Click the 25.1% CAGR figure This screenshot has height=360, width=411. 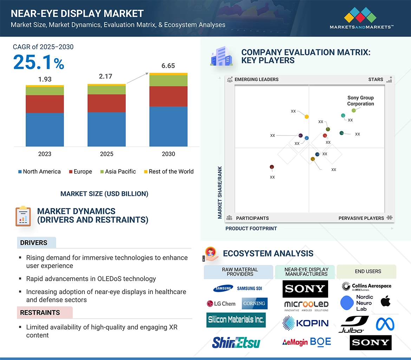[x=39, y=62]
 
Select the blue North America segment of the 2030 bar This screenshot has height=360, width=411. [x=168, y=126]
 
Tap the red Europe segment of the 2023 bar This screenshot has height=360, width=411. [x=45, y=104]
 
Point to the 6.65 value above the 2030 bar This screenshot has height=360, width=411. [x=168, y=66]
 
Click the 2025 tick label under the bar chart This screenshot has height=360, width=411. [x=106, y=154]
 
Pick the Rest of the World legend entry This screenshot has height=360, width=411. [x=169, y=172]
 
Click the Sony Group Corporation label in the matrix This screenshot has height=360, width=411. [x=360, y=101]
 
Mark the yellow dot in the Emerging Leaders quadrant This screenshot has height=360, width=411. [x=307, y=116]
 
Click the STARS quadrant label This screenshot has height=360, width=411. [x=376, y=80]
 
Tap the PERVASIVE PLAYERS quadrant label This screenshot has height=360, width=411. [x=361, y=218]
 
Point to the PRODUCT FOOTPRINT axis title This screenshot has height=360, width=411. [x=251, y=228]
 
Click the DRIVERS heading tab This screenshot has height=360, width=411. [x=34, y=243]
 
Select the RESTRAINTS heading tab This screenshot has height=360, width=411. [x=40, y=313]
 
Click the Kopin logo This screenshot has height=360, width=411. [x=306, y=323]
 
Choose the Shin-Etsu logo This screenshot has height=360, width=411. [x=236, y=342]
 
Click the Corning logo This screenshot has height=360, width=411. [x=254, y=304]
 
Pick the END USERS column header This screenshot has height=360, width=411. [x=368, y=272]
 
